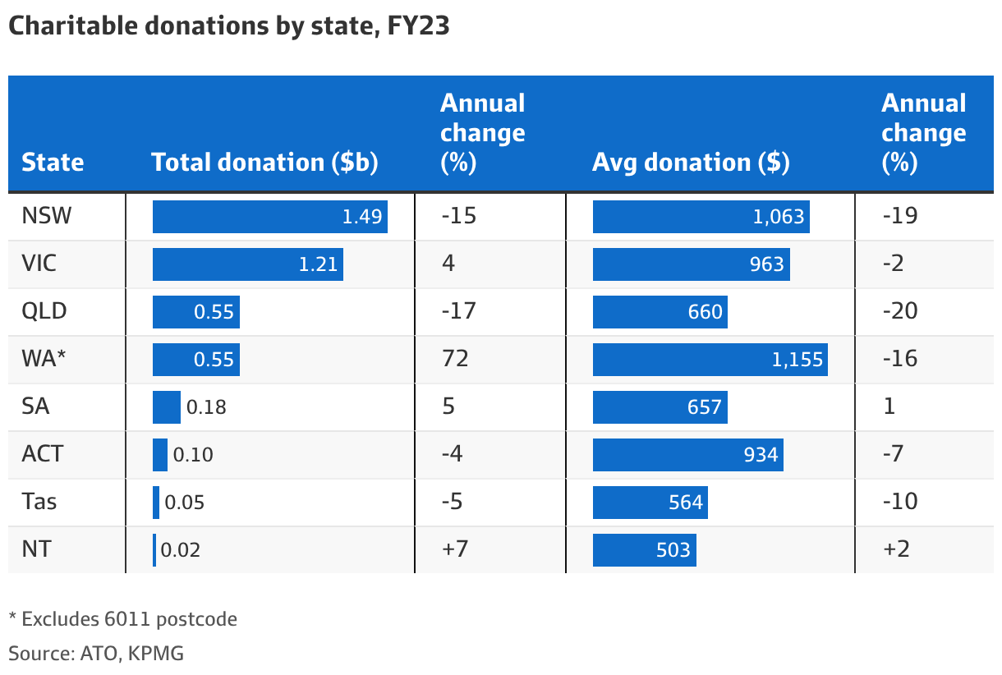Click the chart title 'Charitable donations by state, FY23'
tap(228, 26)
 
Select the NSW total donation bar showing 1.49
tap(269, 217)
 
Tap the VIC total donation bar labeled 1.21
tap(247, 264)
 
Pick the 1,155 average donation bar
tap(710, 360)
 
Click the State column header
tap(53, 162)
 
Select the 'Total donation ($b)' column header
tap(264, 162)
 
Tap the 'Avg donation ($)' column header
tap(691, 162)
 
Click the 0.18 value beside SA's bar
tap(206, 407)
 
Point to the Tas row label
tap(39, 502)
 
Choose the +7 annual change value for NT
tap(455, 549)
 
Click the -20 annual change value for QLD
tap(899, 311)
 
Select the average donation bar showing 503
tap(644, 550)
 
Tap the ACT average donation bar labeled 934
tap(687, 455)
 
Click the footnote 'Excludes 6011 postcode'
tap(123, 619)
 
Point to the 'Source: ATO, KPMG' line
tap(96, 654)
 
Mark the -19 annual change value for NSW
tap(899, 216)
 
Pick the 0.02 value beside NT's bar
tap(180, 550)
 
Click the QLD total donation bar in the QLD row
tap(195, 312)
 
